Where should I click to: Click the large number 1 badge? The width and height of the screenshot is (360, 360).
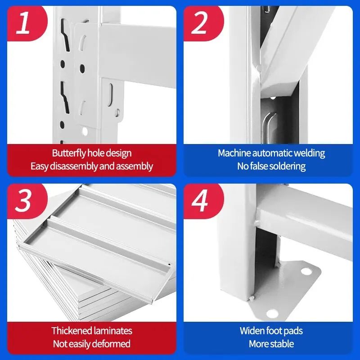(23, 23)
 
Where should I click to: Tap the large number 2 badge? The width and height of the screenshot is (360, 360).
(199, 23)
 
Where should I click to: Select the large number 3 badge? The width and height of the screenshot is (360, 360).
(23, 201)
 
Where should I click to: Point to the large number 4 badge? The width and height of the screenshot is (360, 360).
(199, 201)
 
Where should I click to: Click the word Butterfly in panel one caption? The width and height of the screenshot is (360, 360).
(69, 153)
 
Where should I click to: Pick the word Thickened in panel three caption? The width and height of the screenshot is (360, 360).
(72, 331)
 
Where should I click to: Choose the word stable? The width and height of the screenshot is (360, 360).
(282, 344)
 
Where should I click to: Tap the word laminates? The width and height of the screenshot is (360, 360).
(112, 331)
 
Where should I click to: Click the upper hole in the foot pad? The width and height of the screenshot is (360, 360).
(306, 272)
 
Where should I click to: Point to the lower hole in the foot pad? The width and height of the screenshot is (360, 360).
(273, 313)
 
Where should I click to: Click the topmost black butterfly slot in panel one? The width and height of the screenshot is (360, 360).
(65, 35)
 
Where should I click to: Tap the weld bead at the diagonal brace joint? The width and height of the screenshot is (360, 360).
(260, 68)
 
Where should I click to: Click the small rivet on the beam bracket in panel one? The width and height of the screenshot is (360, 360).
(117, 113)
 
